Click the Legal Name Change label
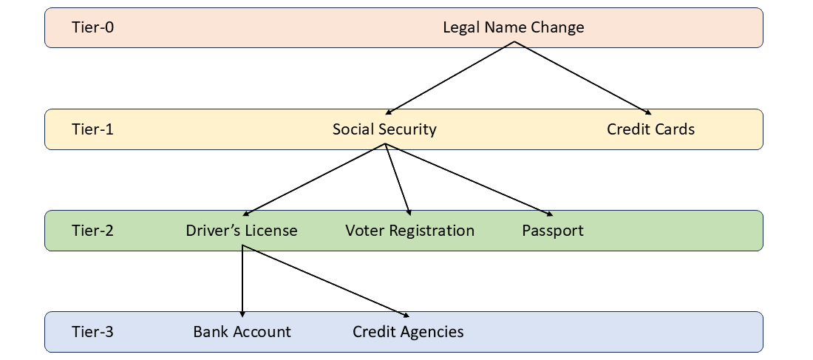click(x=513, y=27)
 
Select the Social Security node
click(x=384, y=129)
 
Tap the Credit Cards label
click(x=650, y=129)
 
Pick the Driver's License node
click(x=242, y=231)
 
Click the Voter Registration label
click(x=409, y=231)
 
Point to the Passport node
click(x=553, y=231)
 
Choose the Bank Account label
click(x=242, y=331)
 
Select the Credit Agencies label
click(x=408, y=331)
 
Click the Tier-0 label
click(x=93, y=27)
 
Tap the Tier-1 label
click(x=93, y=129)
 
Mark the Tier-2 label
click(x=93, y=231)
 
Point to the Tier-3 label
click(x=93, y=331)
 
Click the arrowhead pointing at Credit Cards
click(x=647, y=112)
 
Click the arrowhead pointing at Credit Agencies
click(x=406, y=315)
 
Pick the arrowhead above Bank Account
click(x=242, y=315)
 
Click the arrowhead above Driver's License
click(x=245, y=213)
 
